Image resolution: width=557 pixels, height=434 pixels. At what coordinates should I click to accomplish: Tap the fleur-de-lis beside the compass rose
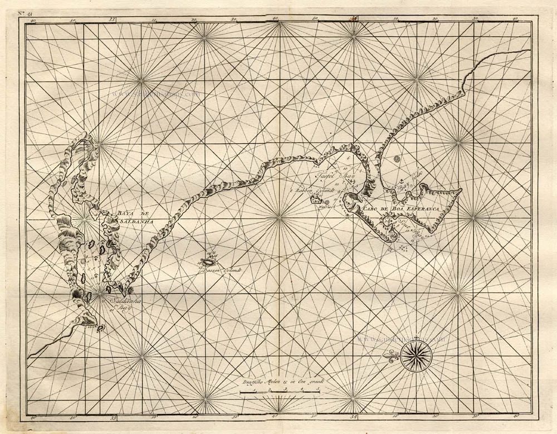393,354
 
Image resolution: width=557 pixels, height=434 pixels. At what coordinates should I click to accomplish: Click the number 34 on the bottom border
355,416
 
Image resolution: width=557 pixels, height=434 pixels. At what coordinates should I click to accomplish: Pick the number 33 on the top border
113,19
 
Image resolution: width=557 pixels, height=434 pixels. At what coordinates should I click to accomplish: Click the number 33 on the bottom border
113,416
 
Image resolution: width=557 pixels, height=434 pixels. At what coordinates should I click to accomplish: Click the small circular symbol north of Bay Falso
397,159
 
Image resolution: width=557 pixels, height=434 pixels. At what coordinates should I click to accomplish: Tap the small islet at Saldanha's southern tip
100,328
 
